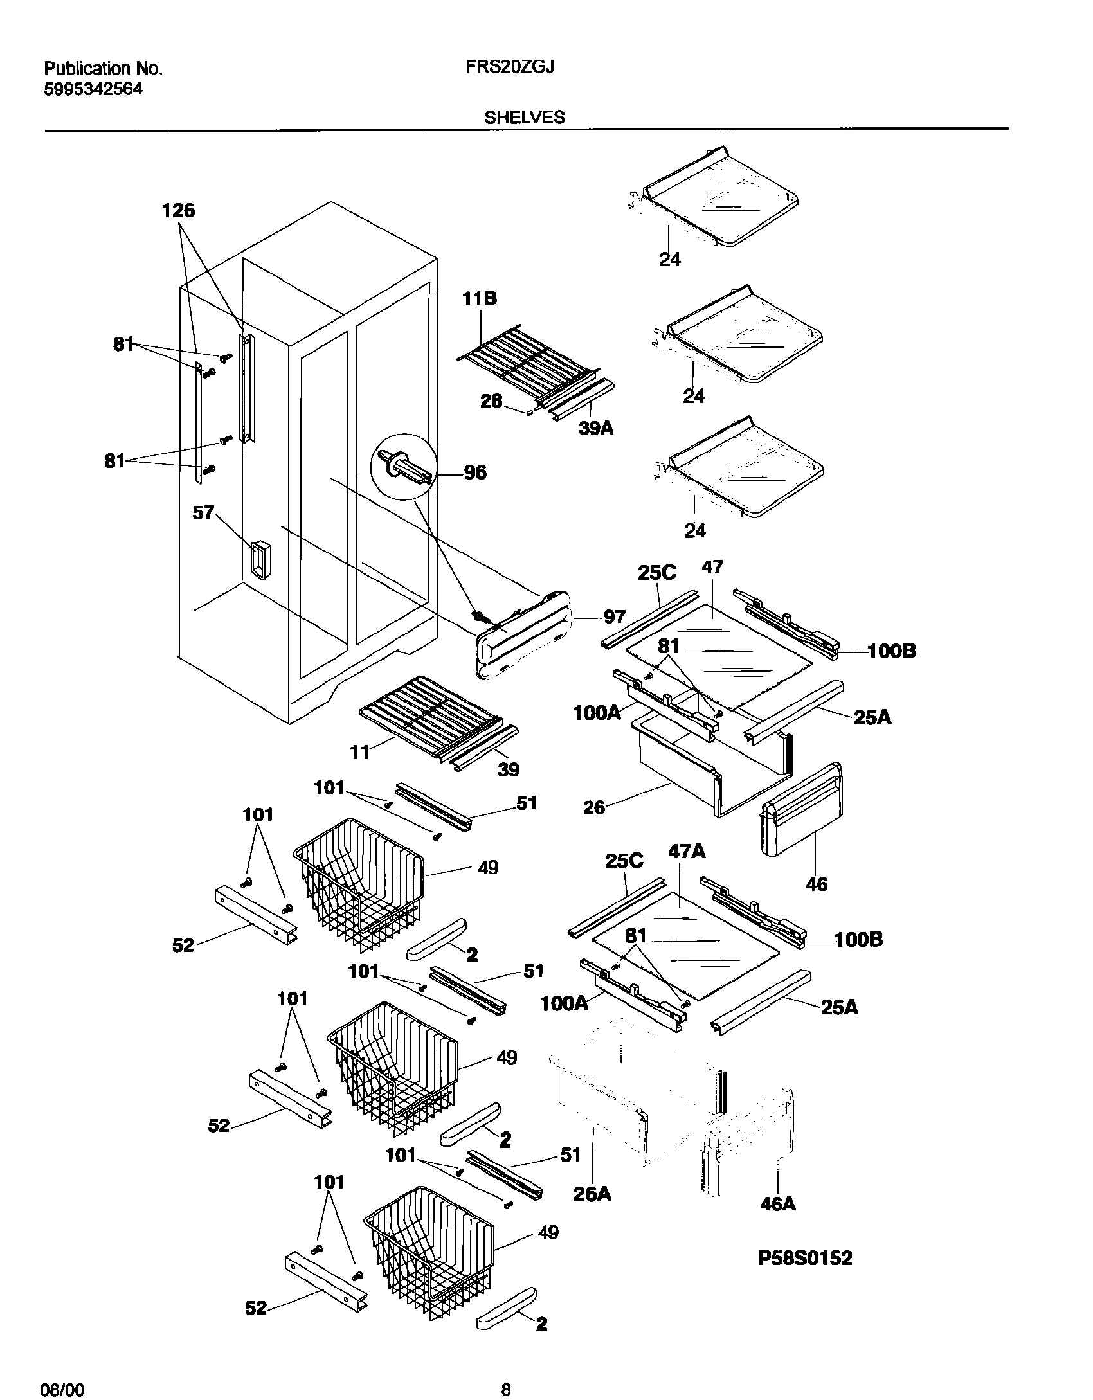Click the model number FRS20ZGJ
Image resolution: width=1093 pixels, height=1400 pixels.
pos(510,67)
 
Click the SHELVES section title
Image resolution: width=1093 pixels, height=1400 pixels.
pos(525,118)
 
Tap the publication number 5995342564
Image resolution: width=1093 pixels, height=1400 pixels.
pos(93,89)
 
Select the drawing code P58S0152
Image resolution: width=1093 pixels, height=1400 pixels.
pos(805,1258)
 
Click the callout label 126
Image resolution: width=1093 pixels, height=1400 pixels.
pos(178,211)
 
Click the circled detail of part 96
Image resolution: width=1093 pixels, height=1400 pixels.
pos(403,465)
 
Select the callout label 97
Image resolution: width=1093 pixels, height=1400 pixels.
pos(614,617)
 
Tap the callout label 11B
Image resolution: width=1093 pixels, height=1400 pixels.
pos(480,299)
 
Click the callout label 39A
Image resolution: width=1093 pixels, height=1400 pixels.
pos(596,428)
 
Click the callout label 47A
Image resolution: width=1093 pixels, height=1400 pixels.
pos(687,852)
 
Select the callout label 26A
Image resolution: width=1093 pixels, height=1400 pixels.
pos(592,1194)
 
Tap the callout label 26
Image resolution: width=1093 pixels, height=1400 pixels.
pos(594,808)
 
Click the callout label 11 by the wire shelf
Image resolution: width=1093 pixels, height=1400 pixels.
pos(359,751)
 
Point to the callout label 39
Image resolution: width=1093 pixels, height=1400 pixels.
pos(509,769)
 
